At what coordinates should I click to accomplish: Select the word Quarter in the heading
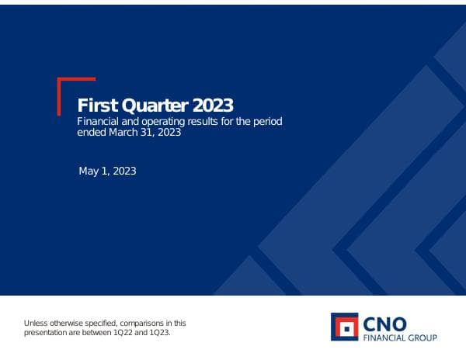pyautogui.click(x=152, y=106)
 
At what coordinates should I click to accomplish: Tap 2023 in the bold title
pyautogui.click(x=210, y=106)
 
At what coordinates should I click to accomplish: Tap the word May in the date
pyautogui.click(x=89, y=171)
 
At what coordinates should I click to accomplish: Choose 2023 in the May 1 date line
pyautogui.click(x=124, y=171)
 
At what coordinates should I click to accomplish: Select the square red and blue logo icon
pyautogui.click(x=345, y=327)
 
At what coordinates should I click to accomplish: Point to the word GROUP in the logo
pyautogui.click(x=423, y=337)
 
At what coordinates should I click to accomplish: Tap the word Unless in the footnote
pyautogui.click(x=37, y=323)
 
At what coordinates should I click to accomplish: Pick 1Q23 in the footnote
pyautogui.click(x=158, y=332)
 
